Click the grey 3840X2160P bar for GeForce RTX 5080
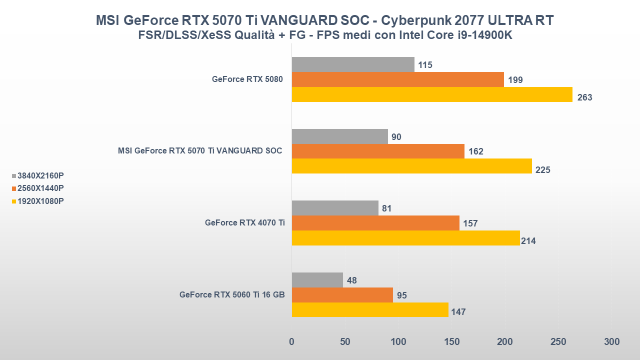pyautogui.click(x=353, y=64)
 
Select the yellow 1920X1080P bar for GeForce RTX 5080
pyautogui.click(x=432, y=94)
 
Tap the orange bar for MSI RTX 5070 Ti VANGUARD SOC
pyautogui.click(x=378, y=151)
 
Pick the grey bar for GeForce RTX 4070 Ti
pyautogui.click(x=335, y=208)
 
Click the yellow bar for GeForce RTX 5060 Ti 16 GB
pyautogui.click(x=370, y=309)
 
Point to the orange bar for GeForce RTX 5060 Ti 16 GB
pyautogui.click(x=342, y=295)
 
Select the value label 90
pyautogui.click(x=396, y=137)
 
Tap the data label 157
pyautogui.click(x=470, y=223)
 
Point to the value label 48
pyautogui.click(x=351, y=280)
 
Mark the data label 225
pyautogui.click(x=542, y=170)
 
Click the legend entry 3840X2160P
pyautogui.click(x=40, y=175)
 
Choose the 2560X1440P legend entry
pyautogui.click(x=40, y=188)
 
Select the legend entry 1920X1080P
pyautogui.click(x=40, y=201)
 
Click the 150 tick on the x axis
pyautogui.click(x=451, y=342)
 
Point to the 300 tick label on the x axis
pyautogui.click(x=611, y=342)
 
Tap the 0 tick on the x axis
pyautogui.click(x=292, y=342)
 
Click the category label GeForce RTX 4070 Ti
pyautogui.click(x=245, y=223)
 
